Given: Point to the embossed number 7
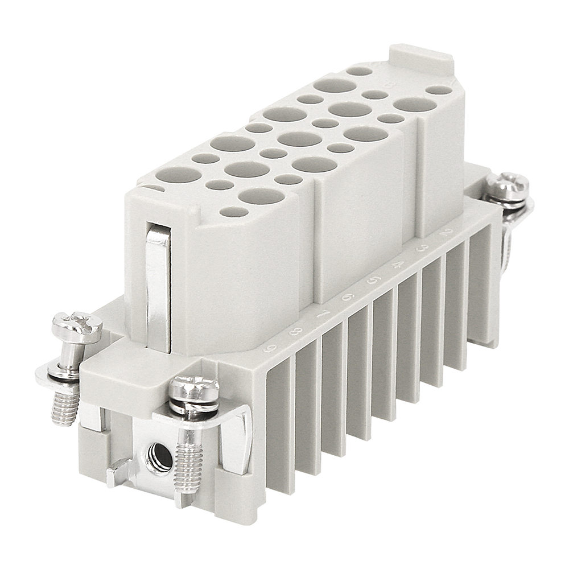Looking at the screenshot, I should [x=321, y=315].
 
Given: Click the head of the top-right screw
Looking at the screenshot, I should [x=508, y=184].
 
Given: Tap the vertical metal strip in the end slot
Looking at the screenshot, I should [x=158, y=284].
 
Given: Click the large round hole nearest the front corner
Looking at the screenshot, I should [x=261, y=196].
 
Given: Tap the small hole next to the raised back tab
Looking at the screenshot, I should [x=360, y=71].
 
